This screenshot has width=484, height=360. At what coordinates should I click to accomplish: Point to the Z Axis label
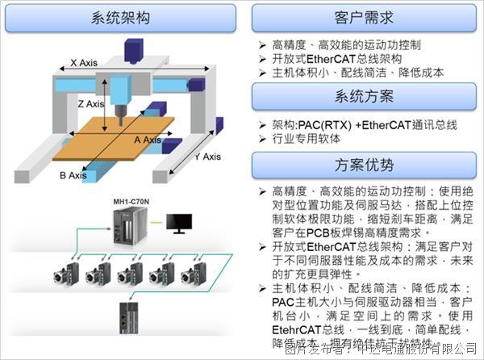[91, 104]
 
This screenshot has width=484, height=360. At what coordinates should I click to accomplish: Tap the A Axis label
[148, 140]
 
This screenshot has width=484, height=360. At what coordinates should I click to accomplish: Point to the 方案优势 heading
[363, 166]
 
